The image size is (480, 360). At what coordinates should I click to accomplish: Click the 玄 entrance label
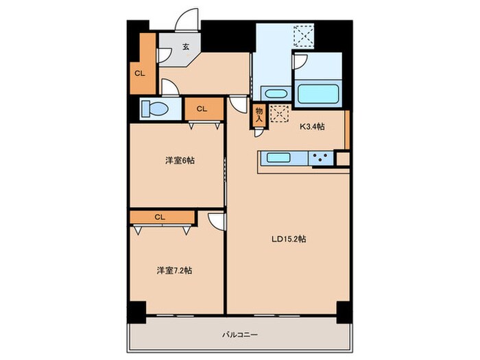tap(185, 47)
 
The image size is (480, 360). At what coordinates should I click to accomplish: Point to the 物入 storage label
tap(259, 114)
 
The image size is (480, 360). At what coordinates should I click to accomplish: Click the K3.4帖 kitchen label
tap(312, 126)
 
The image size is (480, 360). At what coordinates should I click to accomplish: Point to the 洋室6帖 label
tap(179, 160)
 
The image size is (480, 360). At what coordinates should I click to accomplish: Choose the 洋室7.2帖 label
tap(174, 270)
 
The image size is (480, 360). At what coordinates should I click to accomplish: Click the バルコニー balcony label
tap(239, 335)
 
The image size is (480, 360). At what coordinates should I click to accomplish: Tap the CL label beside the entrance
tap(139, 73)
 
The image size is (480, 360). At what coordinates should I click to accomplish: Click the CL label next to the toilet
tap(203, 108)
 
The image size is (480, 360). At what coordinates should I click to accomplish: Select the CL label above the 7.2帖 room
tap(160, 217)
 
